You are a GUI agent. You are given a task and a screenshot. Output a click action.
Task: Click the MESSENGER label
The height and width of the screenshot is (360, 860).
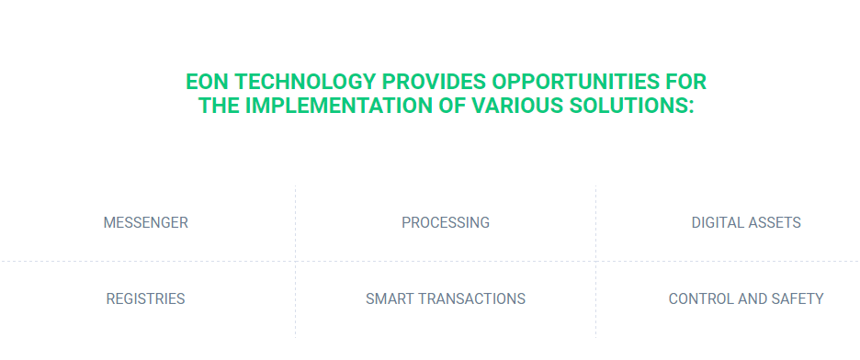point(146,223)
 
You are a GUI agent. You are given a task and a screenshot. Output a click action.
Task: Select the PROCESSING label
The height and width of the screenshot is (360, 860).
point(446,223)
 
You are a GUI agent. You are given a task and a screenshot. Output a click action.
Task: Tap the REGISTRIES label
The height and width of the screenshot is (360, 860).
point(145,299)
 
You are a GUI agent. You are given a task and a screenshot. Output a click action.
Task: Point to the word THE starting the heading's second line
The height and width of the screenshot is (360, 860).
point(219,106)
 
